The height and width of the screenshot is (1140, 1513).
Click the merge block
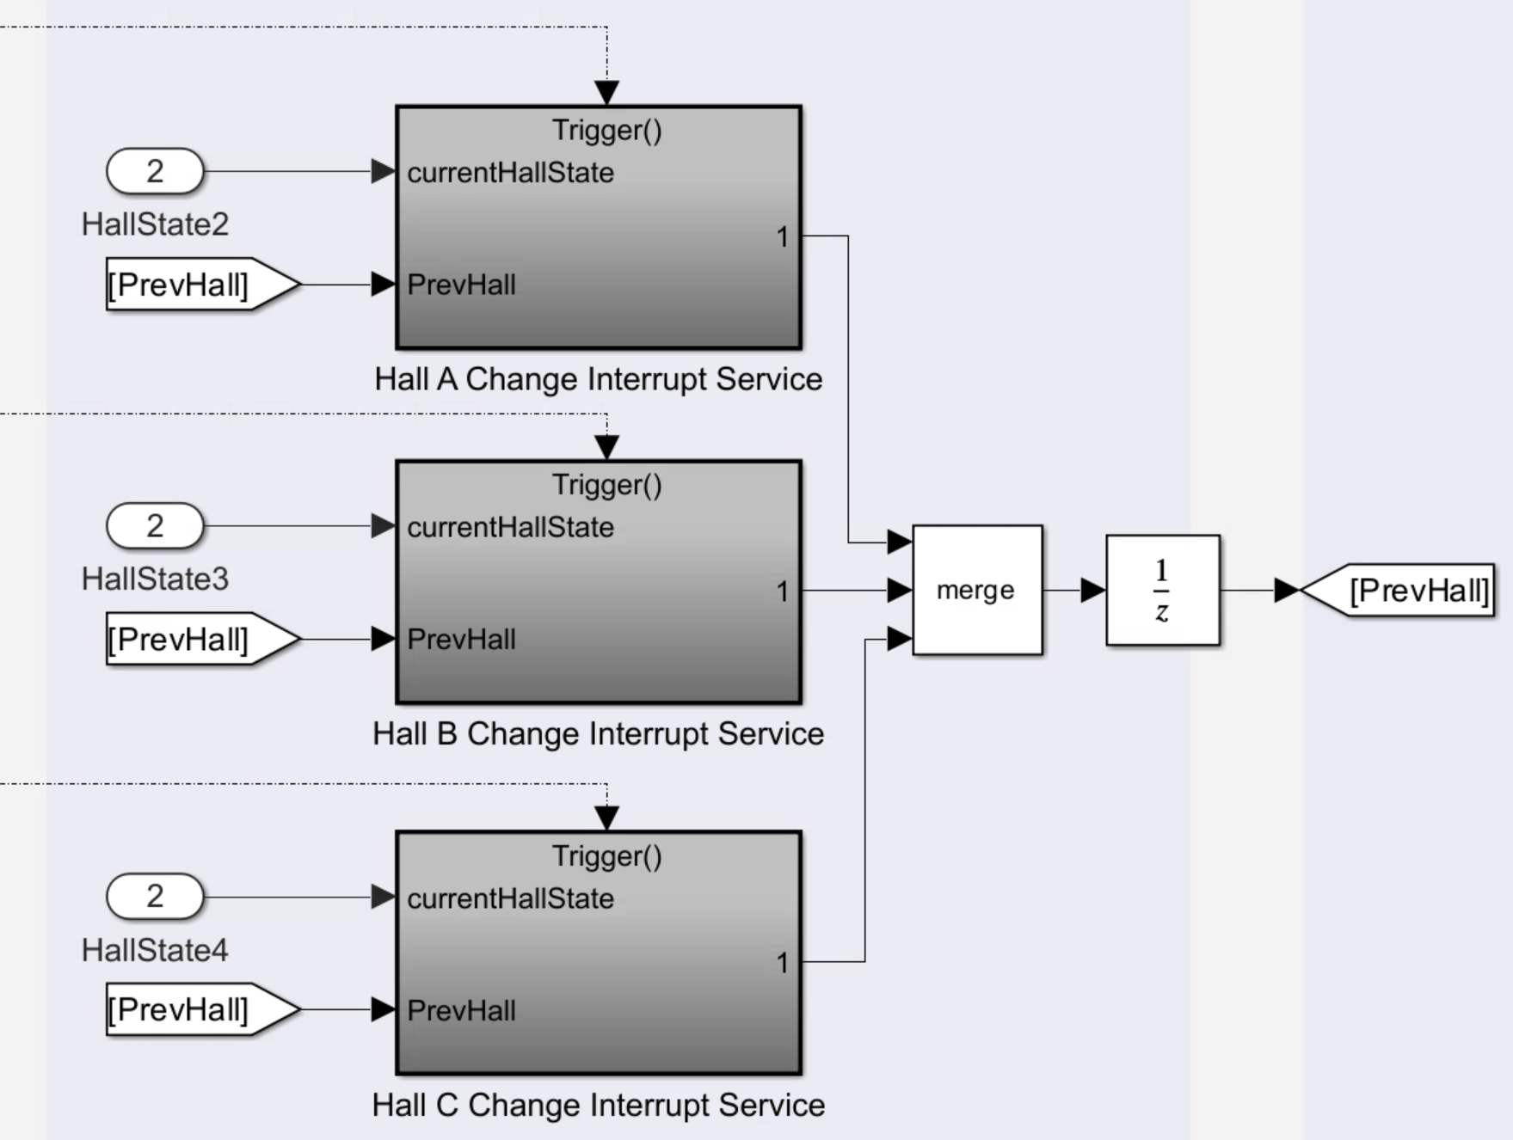tap(977, 590)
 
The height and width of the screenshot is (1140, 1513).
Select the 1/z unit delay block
tap(1162, 590)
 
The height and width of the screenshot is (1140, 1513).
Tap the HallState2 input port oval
tap(155, 171)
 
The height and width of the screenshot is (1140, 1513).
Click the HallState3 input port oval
tap(155, 525)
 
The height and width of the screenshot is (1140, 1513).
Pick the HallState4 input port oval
tap(155, 897)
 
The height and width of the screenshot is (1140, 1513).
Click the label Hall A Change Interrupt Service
tap(599, 379)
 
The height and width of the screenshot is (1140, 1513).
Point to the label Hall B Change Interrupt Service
tap(599, 733)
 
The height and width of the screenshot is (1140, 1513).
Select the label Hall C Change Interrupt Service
tap(599, 1105)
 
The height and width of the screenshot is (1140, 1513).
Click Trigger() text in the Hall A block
tap(607, 130)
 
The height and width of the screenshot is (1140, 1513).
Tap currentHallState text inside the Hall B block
tap(511, 527)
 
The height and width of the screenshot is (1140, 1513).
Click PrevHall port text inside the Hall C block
tap(462, 1010)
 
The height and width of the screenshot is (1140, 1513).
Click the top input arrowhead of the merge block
tap(900, 542)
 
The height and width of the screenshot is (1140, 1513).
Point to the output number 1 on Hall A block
tap(782, 236)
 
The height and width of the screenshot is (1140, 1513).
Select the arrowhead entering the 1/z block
tap(1093, 591)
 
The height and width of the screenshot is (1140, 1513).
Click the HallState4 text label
tap(155, 950)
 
